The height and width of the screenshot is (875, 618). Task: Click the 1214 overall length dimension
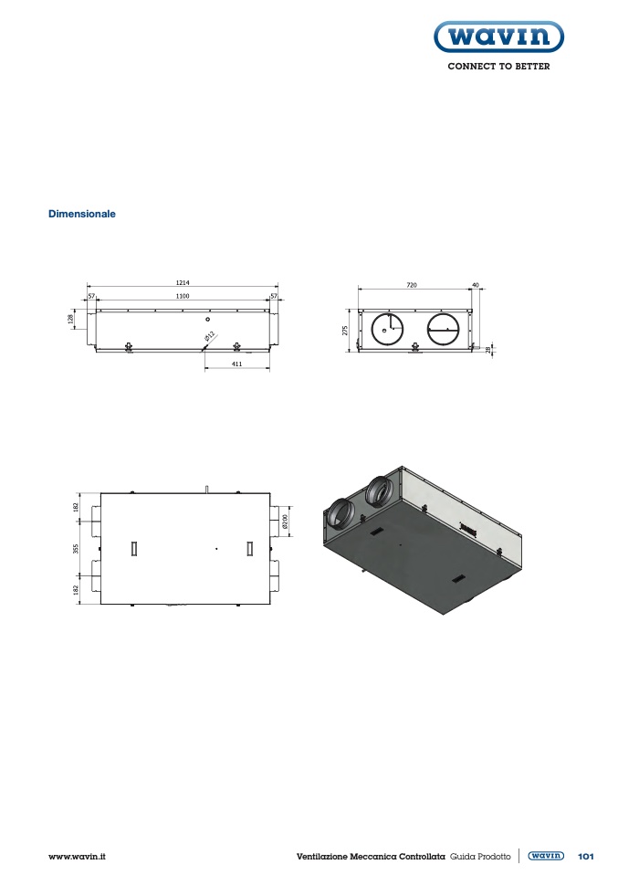[x=183, y=283]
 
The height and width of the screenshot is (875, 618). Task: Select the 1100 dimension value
[x=183, y=296]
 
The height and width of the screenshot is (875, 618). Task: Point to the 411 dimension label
[x=236, y=364]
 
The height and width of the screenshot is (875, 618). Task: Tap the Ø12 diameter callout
[x=210, y=336]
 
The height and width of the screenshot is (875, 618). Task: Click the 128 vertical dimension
[x=71, y=319]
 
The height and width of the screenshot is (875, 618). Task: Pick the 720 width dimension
[x=411, y=285]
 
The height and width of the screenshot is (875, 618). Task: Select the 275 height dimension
[x=345, y=331]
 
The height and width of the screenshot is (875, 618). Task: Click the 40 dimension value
[x=476, y=285]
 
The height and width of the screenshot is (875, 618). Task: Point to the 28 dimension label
[x=488, y=350]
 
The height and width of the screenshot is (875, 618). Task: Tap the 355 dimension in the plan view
[x=76, y=549]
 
